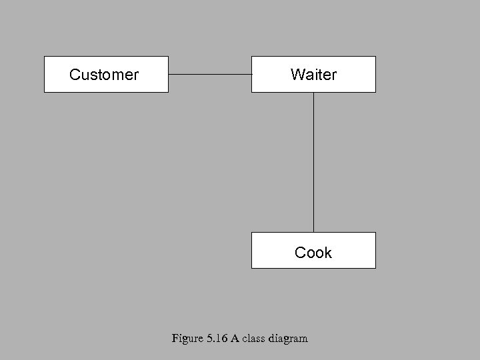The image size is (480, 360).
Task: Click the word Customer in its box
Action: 104,75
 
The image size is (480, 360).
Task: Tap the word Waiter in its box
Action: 313,75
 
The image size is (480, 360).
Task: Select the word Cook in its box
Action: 313,253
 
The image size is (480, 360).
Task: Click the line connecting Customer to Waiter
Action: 210,74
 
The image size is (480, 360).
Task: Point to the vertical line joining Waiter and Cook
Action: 313,162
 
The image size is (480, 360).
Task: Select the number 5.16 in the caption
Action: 217,338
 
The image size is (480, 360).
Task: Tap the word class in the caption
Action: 253,338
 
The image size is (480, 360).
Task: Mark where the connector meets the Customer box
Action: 169,74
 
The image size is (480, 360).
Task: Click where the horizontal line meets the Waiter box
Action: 251,74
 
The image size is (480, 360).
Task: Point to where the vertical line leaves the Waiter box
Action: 313,92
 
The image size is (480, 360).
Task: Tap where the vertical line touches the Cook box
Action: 313,232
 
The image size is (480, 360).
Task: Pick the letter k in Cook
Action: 327,253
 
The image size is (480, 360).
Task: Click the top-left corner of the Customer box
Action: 45,57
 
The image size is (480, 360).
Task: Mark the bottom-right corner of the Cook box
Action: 375,268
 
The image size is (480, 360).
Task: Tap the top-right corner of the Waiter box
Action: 375,57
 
